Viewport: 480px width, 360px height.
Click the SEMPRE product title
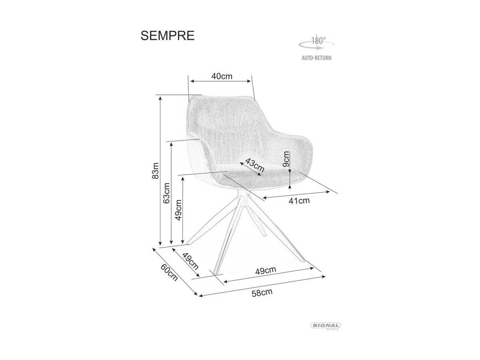click(x=167, y=36)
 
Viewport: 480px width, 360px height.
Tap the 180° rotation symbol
click(x=316, y=44)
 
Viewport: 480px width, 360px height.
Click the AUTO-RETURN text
click(x=316, y=58)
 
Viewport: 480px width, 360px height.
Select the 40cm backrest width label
click(x=222, y=76)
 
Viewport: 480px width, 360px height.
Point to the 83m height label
click(x=155, y=171)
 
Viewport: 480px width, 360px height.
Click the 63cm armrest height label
click(x=166, y=193)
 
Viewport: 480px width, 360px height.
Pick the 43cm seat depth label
click(x=255, y=165)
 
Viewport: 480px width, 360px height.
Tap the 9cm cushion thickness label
click(x=286, y=159)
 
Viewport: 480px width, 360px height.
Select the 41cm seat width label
click(x=299, y=200)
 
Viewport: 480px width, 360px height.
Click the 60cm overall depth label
click(x=169, y=272)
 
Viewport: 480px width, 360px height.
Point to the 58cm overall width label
click(x=262, y=293)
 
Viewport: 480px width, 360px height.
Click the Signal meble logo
click(x=326, y=332)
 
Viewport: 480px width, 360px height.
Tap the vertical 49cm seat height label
click(x=178, y=210)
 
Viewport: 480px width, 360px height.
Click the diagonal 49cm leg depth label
click(x=191, y=262)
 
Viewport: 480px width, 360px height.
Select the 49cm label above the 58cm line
click(x=266, y=270)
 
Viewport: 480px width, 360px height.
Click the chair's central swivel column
click(x=243, y=198)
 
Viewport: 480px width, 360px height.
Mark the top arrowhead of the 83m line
click(x=160, y=98)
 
